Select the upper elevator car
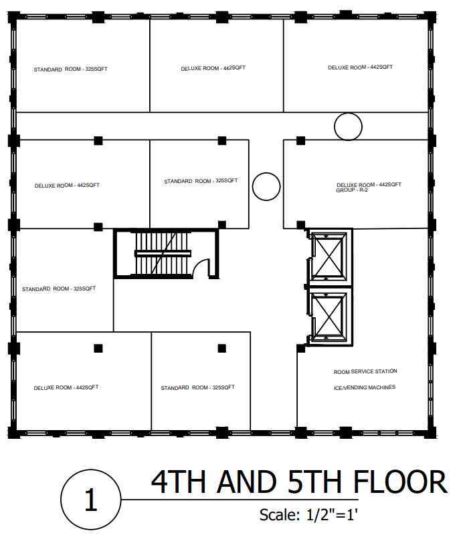coord(328,258)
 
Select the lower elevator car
coord(328,316)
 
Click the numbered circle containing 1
coord(91,500)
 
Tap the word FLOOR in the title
coord(400,482)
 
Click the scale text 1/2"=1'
coord(332,515)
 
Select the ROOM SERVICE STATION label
coord(365,371)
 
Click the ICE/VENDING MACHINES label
coord(365,387)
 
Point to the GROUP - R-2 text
coord(352,190)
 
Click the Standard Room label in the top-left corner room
coord(70,69)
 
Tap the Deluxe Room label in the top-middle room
coord(213,68)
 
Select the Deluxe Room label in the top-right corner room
coord(360,67)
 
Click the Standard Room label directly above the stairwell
coord(201,181)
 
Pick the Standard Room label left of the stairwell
coord(59,289)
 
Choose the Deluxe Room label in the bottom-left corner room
coord(66,387)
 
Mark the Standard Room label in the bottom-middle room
coord(198,387)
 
